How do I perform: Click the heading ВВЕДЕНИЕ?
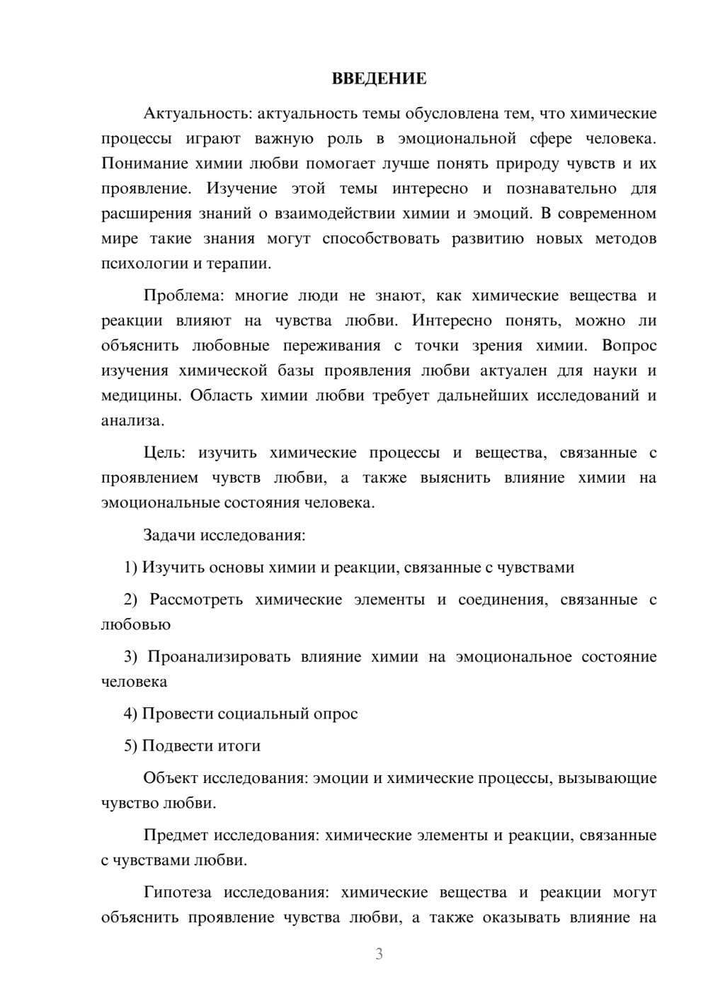pos(379,79)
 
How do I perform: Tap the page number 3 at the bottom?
pos(379,954)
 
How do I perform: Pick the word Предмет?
pos(176,835)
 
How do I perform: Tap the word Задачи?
pos(169,535)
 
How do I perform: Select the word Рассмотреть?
pos(196,599)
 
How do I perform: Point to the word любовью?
pos(136,625)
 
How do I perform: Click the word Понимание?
pos(144,164)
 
